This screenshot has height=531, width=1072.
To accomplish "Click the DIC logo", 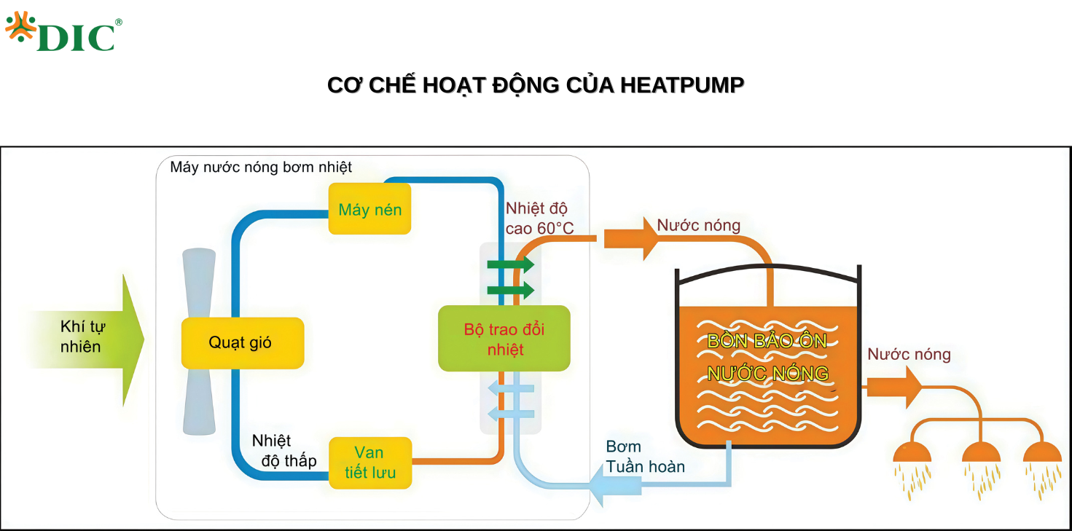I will pyautogui.click(x=63, y=33).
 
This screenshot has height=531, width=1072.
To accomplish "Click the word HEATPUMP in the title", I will pyautogui.click(x=682, y=85).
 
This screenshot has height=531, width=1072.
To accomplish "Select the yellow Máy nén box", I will pyautogui.click(x=369, y=209).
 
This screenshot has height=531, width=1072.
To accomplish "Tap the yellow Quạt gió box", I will pyautogui.click(x=242, y=342).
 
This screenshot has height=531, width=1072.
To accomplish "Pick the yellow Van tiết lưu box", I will pyautogui.click(x=370, y=463).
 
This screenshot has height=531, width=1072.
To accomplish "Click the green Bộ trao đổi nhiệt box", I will pyautogui.click(x=504, y=339).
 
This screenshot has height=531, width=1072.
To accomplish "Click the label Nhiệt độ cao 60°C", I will pyautogui.click(x=538, y=219).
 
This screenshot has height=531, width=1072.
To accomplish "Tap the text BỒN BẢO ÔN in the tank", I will pyautogui.click(x=767, y=341).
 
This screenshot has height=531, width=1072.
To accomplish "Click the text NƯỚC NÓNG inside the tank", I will pyautogui.click(x=767, y=374).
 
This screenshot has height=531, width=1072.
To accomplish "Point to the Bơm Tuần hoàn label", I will pyautogui.click(x=644, y=456).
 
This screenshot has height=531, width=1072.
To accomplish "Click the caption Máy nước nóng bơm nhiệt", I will pyautogui.click(x=261, y=168).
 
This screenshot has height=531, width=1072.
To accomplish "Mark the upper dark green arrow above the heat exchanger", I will pyautogui.click(x=511, y=264).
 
